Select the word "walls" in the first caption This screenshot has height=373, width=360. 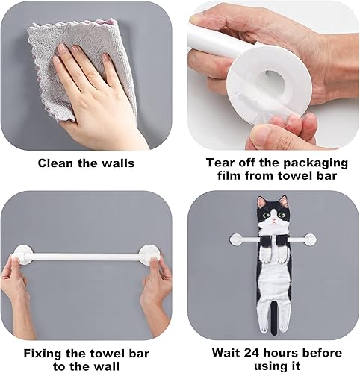tap(118, 163)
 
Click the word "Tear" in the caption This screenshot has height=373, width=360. tap(219, 163)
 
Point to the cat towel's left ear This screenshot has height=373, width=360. tap(261, 201)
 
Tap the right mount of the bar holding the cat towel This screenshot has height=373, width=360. tap(309, 239)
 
